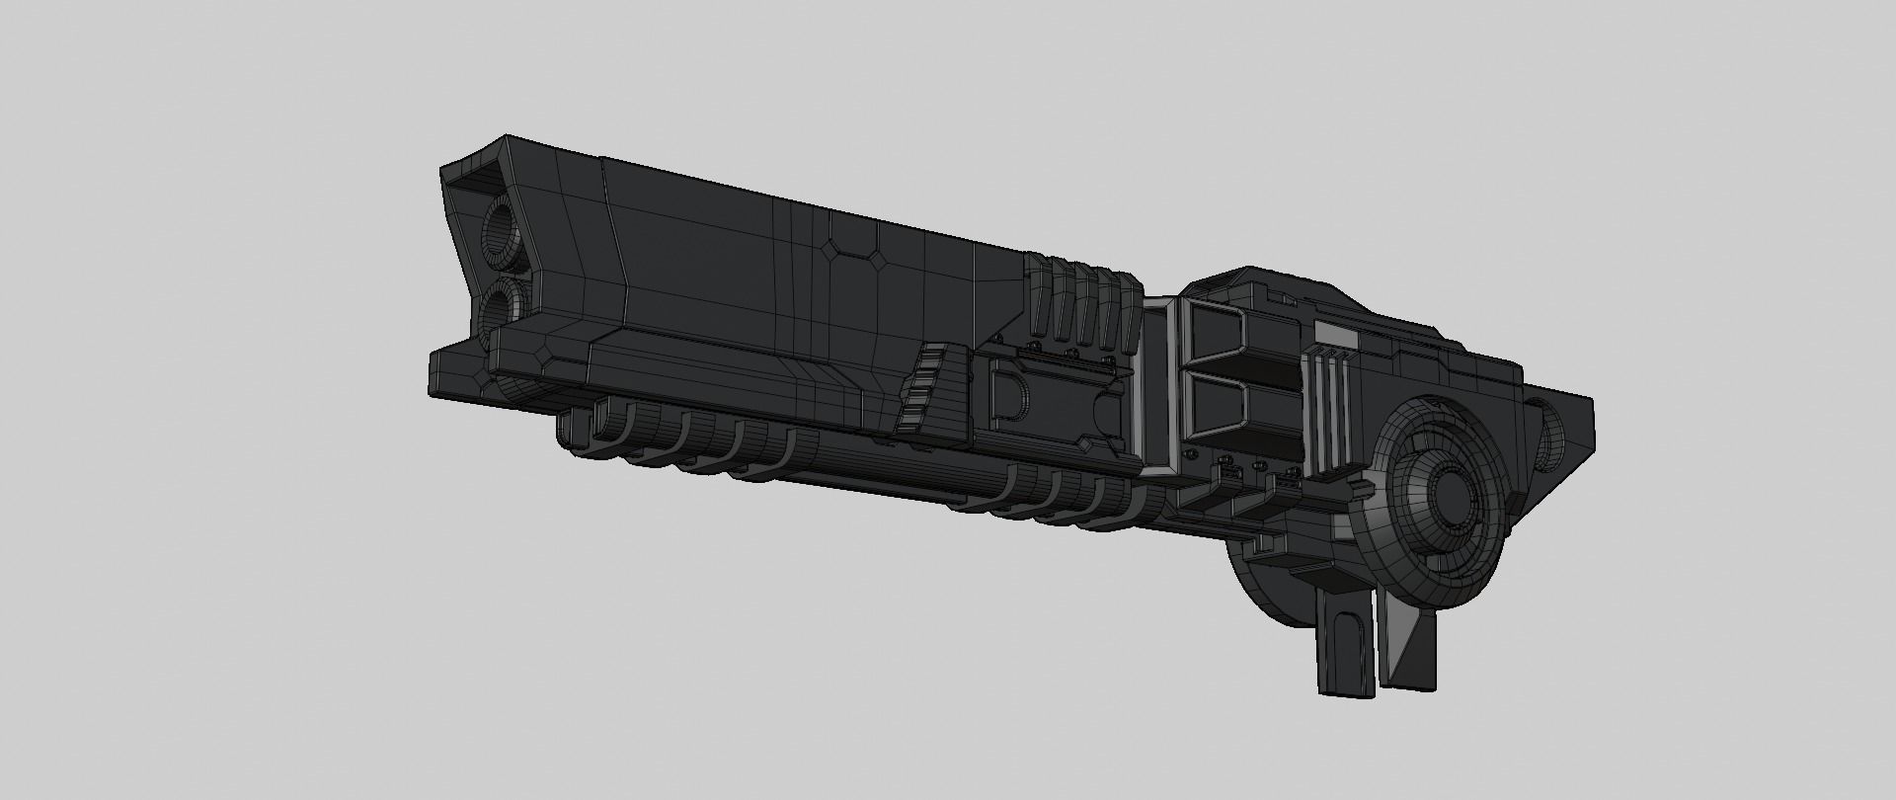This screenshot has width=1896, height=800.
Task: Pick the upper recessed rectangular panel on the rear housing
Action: (1218, 335)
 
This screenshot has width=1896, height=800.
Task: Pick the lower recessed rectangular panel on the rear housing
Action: (1217, 410)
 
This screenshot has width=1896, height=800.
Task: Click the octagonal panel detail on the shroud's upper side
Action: (855, 244)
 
